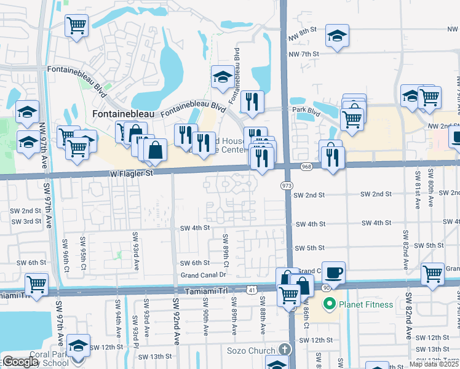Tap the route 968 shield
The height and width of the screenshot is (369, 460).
307,167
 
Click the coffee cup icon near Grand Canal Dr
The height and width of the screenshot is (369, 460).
333,272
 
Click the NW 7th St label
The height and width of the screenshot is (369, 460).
306,54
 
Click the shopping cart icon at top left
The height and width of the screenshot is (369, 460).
77,26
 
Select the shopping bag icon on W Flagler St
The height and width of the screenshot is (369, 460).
156,149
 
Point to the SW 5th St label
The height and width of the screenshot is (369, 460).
309,248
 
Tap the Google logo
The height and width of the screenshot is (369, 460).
20,362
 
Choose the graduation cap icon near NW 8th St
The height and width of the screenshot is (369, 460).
337,36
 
